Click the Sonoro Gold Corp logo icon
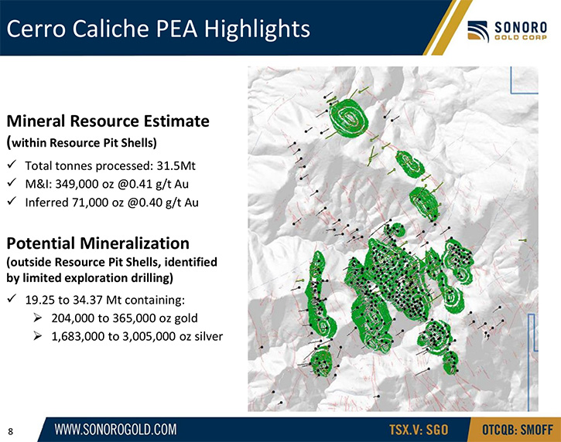coord(478,31)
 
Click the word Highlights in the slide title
coord(257,29)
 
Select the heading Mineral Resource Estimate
coord(108,121)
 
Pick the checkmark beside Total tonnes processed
coord(12,165)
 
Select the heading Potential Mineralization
coord(97,243)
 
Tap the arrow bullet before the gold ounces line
coord(38,318)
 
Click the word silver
coord(208,336)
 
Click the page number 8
coord(10,431)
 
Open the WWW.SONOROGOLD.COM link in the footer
coord(115,429)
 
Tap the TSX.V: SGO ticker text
coord(419,429)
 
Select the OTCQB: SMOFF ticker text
coord(518,429)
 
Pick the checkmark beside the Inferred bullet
coord(12,201)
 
